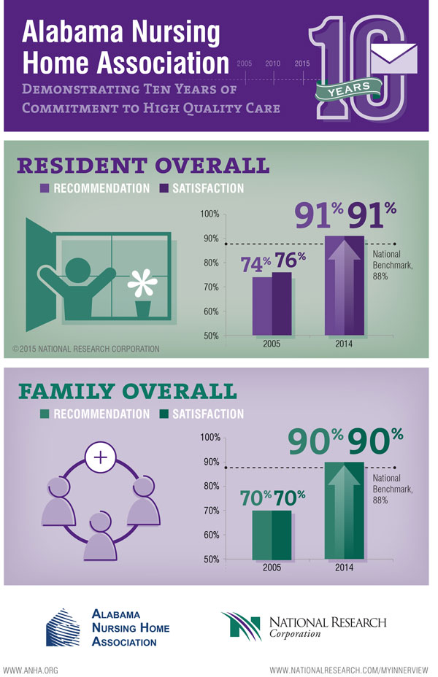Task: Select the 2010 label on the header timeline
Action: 273,63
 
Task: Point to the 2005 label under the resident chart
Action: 271,343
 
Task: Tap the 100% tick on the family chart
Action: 210,437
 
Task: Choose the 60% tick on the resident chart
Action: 210,312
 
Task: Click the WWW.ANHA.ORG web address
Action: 31,669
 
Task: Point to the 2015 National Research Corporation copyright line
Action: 85,349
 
